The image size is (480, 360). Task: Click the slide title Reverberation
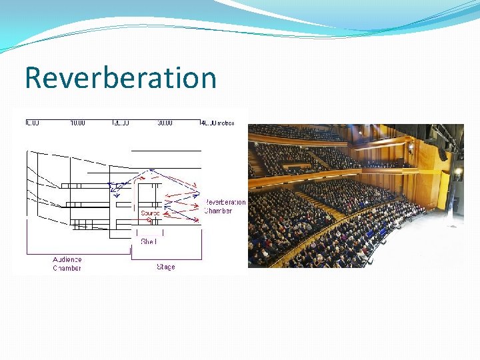[121, 77]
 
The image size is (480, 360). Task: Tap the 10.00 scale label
[77, 123]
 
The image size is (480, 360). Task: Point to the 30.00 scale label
[164, 123]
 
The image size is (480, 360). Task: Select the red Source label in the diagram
[150, 213]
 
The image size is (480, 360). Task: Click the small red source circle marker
[148, 220]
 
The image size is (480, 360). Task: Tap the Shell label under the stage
[148, 241]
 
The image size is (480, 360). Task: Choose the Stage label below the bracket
[166, 267]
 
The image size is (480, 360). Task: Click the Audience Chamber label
[67, 263]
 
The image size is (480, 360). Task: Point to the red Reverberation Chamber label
[225, 206]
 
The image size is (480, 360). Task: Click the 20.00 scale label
[121, 123]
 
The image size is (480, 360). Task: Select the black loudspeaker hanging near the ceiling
[442, 154]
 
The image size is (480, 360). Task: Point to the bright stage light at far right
[459, 171]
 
